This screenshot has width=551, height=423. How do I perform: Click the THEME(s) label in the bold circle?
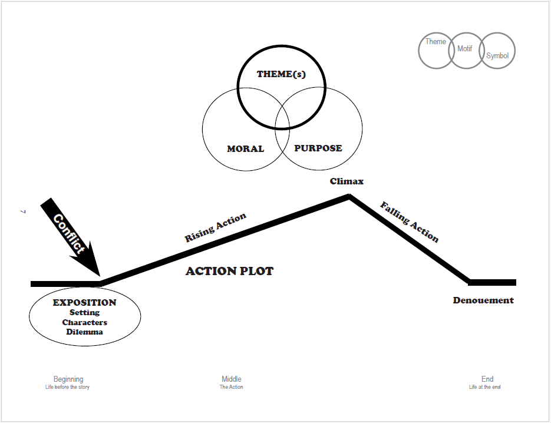(282, 75)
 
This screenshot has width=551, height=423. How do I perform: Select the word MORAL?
(245, 148)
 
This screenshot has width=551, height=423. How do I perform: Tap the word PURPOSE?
(318, 148)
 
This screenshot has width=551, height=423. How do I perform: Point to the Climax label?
(347, 181)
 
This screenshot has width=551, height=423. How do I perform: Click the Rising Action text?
(216, 228)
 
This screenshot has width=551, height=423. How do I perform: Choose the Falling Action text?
(410, 222)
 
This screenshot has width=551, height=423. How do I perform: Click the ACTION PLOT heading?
(229, 272)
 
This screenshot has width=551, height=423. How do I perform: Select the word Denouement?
(483, 300)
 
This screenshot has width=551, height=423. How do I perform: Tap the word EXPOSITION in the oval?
(85, 303)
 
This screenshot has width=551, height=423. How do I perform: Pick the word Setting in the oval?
(85, 313)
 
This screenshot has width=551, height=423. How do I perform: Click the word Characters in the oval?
(85, 322)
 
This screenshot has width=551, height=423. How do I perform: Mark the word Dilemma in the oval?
(85, 332)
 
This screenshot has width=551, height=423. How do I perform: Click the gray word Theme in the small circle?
(435, 42)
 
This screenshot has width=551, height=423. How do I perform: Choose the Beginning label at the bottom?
(68, 379)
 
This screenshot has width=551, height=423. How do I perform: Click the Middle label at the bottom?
(232, 379)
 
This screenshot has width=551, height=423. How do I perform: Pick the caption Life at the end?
(484, 387)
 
